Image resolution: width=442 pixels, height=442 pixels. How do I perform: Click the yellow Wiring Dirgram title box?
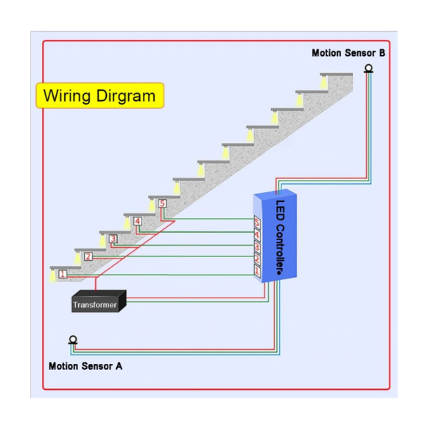100,96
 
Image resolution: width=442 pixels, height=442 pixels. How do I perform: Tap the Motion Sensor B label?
348,53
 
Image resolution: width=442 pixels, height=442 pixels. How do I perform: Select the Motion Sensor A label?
85,366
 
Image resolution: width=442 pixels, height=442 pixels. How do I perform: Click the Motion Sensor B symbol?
368,69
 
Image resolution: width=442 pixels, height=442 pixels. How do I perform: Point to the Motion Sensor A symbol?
73,340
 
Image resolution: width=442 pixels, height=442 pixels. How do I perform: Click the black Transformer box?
99,301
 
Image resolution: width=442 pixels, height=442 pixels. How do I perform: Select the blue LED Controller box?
275,236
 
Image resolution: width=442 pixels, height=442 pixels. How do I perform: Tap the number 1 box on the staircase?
63,274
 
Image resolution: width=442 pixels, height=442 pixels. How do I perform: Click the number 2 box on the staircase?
88,256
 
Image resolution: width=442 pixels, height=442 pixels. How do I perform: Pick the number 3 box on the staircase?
113,239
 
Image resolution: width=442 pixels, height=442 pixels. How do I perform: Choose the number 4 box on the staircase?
138,221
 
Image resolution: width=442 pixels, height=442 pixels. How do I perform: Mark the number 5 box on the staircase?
162,203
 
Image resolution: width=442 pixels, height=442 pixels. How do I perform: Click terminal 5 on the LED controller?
257,222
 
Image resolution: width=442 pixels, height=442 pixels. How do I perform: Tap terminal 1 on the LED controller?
257,271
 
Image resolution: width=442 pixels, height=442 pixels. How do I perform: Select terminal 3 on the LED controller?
257,247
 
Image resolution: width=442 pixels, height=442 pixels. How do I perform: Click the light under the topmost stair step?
323,81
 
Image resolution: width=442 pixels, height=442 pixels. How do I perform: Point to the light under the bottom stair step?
53,275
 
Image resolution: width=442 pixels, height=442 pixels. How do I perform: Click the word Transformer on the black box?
95,305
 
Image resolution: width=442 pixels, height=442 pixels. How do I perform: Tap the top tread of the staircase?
337,74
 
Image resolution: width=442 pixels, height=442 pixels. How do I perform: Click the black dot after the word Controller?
278,273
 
